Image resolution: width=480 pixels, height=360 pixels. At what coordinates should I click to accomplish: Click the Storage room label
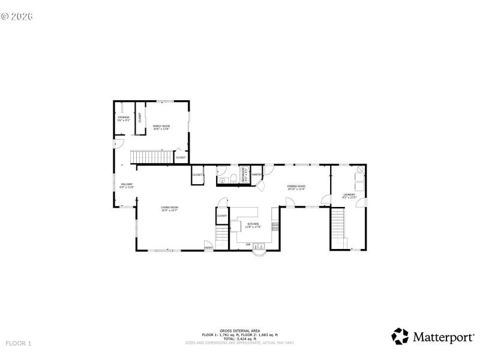pos(123,118)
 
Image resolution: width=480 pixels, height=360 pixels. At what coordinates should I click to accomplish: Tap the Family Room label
pos(161,127)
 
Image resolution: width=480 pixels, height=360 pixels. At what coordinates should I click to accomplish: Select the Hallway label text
pos(127,185)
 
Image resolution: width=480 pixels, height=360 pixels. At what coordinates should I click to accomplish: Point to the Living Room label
pos(169,209)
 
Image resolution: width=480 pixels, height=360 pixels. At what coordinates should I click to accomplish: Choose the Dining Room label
pos(296,187)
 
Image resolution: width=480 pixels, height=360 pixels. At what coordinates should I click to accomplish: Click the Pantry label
pos(256,175)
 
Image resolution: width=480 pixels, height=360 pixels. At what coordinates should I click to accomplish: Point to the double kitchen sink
pos(260,245)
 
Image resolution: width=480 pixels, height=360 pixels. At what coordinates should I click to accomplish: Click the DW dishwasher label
pos(248,244)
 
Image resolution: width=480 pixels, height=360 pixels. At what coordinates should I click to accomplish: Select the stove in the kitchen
pos(275,226)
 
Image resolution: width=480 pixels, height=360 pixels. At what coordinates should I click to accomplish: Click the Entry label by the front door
pos(208,247)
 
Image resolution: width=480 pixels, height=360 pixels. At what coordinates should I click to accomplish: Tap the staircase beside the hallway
pos(152,157)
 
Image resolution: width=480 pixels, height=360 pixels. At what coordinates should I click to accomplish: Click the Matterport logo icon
pos(400,337)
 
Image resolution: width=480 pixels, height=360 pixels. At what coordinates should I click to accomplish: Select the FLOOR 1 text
pos(18,343)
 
